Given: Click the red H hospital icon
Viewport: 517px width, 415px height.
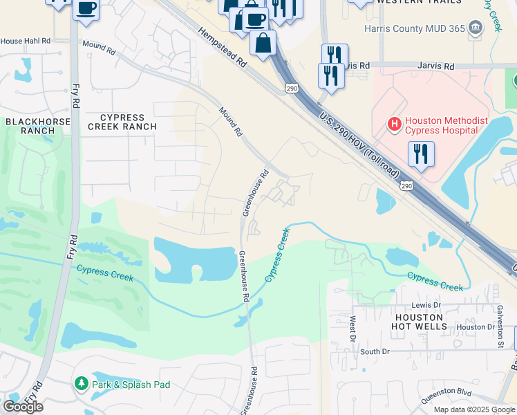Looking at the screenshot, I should pyautogui.click(x=394, y=124).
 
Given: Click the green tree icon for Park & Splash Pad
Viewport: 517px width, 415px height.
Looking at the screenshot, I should pyautogui.click(x=81, y=383).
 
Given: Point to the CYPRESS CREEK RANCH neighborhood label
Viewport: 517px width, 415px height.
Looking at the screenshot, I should pyautogui.click(x=122, y=122).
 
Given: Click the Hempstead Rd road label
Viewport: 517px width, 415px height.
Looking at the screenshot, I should pyautogui.click(x=223, y=47).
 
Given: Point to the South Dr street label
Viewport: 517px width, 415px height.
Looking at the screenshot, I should pyautogui.click(x=375, y=351).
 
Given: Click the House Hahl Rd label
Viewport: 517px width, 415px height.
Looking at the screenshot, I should pyautogui.click(x=26, y=41).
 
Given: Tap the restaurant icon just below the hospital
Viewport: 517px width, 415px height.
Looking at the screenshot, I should pyautogui.click(x=421, y=154).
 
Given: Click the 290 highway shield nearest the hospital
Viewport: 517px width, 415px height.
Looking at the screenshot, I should pyautogui.click(x=407, y=186).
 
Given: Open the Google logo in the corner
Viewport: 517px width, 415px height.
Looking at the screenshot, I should pyautogui.click(x=23, y=407).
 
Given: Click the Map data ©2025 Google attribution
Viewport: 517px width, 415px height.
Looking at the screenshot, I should pyautogui.click(x=474, y=409).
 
